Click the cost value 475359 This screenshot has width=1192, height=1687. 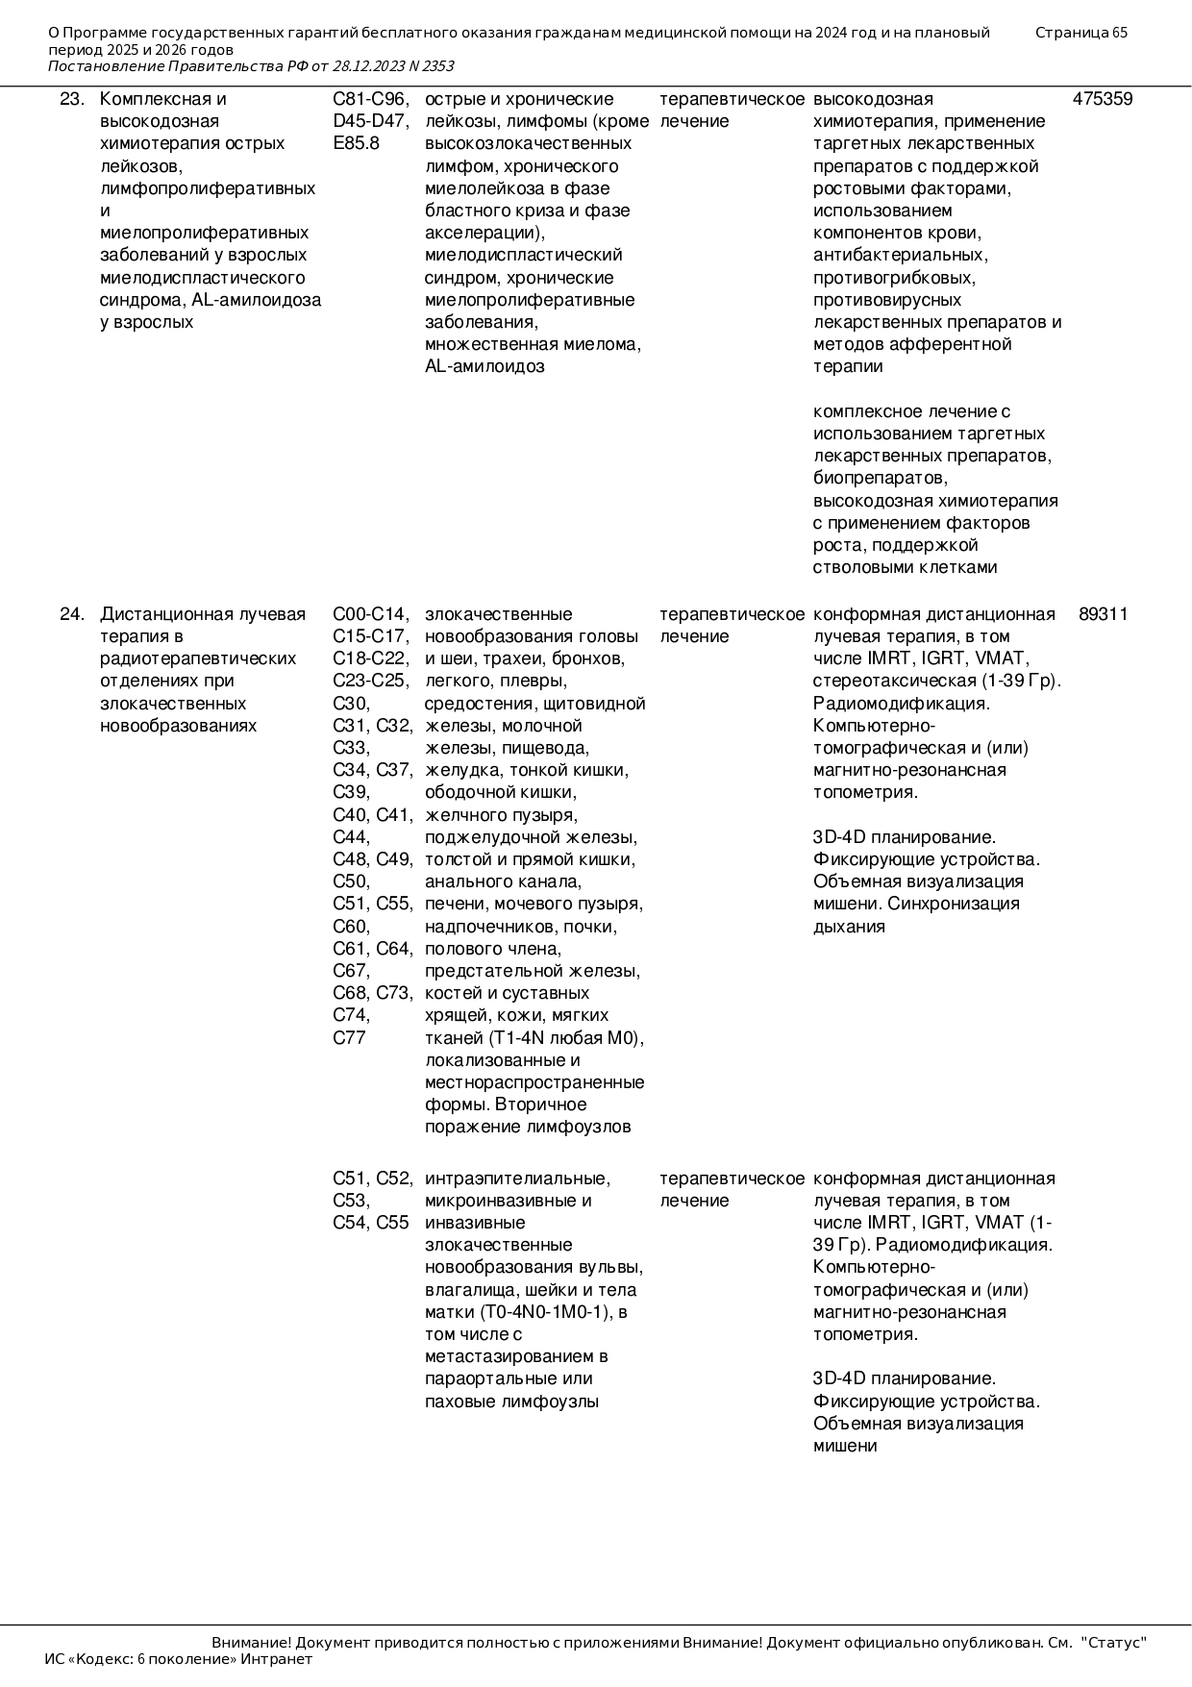click(1102, 99)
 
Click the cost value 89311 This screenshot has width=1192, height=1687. click(1103, 614)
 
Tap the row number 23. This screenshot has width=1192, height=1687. click(71, 99)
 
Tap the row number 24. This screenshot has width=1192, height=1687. click(71, 614)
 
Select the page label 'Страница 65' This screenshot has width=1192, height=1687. click(1080, 33)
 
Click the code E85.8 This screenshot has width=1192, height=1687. click(356, 143)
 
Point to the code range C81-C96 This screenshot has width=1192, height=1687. click(370, 99)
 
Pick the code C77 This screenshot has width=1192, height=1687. click(349, 1038)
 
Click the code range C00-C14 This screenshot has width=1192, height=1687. click(370, 614)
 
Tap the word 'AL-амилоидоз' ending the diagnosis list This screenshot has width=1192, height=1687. click(484, 366)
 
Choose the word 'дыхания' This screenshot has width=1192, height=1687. click(849, 927)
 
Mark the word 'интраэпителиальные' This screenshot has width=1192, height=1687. click(517, 1178)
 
